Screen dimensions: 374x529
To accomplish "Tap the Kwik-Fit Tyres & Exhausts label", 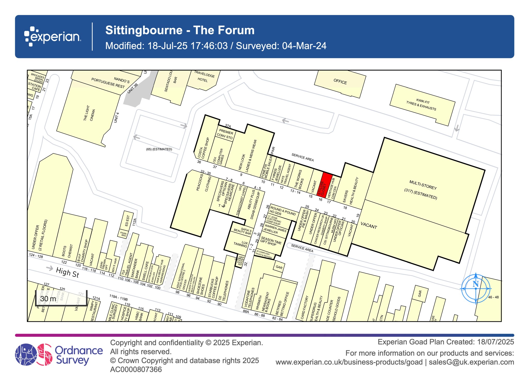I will [x=422, y=104].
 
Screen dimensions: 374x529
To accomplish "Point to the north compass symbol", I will [x=476, y=288].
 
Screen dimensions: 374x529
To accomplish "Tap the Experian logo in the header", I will [x=53, y=36].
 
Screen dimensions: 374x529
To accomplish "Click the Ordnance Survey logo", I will [x=59, y=355].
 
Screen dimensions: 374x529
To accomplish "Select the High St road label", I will [x=67, y=272].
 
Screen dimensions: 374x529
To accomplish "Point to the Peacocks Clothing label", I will [x=204, y=182].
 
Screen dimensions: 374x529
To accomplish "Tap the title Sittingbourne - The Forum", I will [x=180, y=30].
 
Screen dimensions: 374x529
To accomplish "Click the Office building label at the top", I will [x=340, y=82].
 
